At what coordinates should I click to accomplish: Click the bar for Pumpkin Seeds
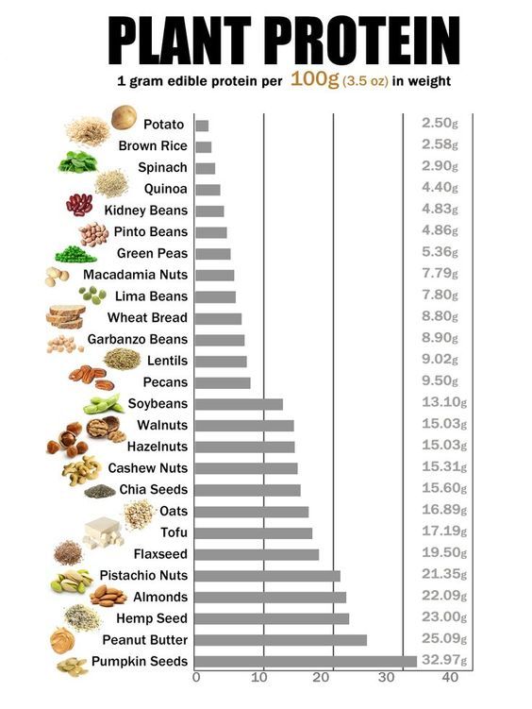(x=306, y=662)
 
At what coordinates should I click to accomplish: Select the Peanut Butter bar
(x=280, y=640)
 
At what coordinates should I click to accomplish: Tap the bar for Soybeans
(x=239, y=404)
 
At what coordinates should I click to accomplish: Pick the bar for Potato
(x=202, y=125)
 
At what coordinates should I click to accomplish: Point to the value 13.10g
(x=439, y=403)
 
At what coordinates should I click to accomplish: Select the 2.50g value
(x=440, y=124)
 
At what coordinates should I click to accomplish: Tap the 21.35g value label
(x=439, y=575)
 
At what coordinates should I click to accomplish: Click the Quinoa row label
(x=165, y=189)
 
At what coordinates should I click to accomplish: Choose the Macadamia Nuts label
(x=135, y=275)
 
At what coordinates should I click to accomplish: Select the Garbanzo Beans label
(x=138, y=339)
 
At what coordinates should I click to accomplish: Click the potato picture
(x=124, y=117)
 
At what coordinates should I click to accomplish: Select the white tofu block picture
(x=103, y=533)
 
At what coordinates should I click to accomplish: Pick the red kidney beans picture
(x=79, y=204)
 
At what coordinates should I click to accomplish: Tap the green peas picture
(x=75, y=254)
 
